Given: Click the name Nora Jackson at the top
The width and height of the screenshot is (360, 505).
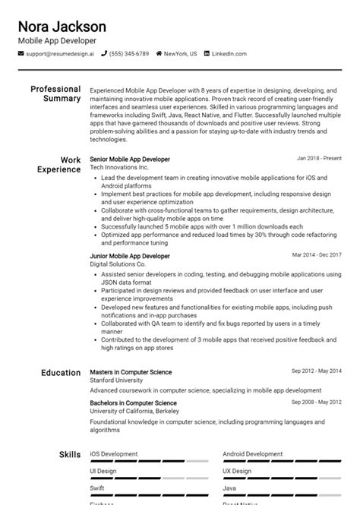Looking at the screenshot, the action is (x=62, y=27).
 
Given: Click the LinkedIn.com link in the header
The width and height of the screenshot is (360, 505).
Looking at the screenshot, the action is (x=229, y=54).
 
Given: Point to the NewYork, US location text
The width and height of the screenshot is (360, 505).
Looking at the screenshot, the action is (x=179, y=54).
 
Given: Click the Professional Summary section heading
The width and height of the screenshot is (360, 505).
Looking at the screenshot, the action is (x=55, y=93).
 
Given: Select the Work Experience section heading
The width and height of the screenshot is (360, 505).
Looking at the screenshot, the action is (x=59, y=165).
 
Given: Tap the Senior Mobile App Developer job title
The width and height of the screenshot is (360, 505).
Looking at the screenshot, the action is (x=130, y=159).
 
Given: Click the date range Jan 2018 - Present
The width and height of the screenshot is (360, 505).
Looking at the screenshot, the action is (x=319, y=159).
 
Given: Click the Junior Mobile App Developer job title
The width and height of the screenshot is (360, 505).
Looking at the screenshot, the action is (x=130, y=256).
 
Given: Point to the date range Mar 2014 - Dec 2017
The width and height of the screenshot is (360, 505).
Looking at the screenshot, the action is (x=317, y=255).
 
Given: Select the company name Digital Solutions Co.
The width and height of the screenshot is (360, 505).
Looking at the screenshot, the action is (x=118, y=264).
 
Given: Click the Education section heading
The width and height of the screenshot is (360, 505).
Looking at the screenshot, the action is (x=60, y=373).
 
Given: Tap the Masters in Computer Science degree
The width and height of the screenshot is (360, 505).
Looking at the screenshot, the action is (x=131, y=372).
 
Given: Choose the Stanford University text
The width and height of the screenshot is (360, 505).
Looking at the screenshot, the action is (x=116, y=380).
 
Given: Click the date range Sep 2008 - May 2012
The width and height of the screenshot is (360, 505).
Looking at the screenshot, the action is (x=317, y=402).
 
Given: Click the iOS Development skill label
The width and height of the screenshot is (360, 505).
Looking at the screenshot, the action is (x=114, y=454).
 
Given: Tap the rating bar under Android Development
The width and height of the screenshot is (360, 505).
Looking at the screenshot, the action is (x=282, y=461).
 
